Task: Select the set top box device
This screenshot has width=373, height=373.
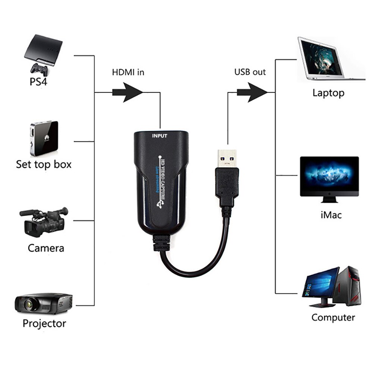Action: tap(44, 138)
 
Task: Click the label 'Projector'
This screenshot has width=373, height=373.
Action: tap(44, 323)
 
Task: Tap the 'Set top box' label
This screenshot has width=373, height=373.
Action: tap(44, 164)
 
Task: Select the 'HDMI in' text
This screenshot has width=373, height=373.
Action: tap(128, 72)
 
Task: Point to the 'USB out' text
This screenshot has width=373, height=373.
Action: tap(250, 72)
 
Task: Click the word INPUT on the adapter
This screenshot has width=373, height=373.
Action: tap(160, 136)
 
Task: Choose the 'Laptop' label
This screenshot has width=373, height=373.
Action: tap(328, 93)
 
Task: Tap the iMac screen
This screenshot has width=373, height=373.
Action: tap(329, 176)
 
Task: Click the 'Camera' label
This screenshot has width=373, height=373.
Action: tap(46, 248)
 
